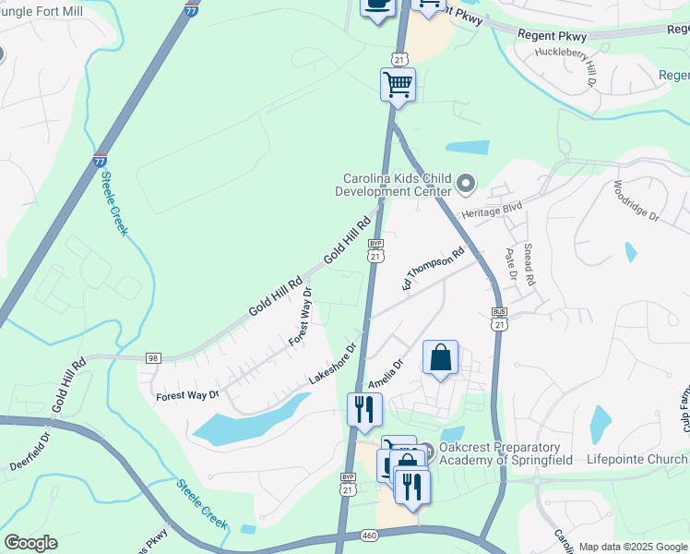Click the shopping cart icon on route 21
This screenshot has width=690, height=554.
point(398,84)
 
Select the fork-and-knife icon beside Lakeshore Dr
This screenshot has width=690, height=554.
point(364,408)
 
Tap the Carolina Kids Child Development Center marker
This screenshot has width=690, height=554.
point(465,184)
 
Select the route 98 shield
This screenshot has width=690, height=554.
point(152,357)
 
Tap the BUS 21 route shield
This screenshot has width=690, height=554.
point(499,319)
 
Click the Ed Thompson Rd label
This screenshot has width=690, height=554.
point(433,269)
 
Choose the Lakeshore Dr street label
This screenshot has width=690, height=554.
point(332,366)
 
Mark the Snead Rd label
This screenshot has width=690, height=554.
point(529,263)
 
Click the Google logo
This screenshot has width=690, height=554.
point(30,543)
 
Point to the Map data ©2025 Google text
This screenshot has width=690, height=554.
point(633,547)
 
